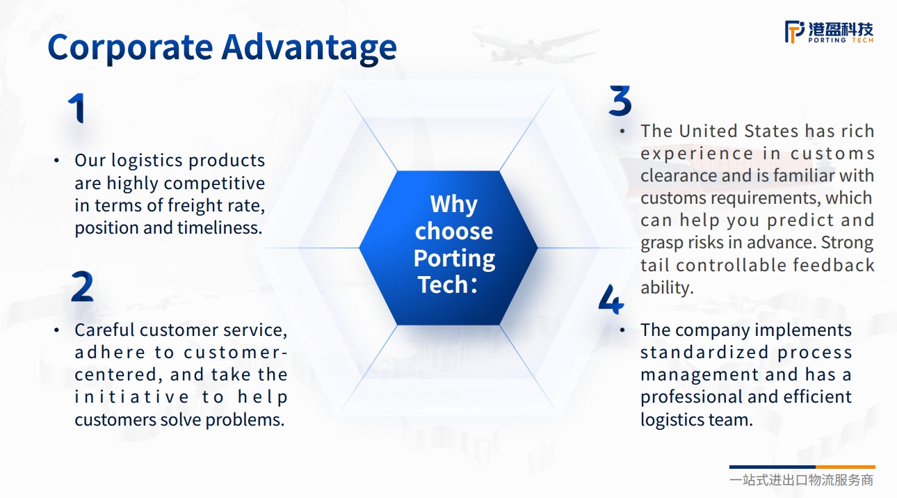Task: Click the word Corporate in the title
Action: [130, 48]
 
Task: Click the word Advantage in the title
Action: [309, 48]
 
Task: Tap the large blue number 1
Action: [76, 108]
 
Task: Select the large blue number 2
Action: [82, 286]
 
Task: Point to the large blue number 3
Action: [620, 101]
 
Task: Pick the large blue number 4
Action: [611, 299]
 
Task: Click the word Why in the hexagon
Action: [453, 204]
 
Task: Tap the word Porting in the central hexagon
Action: [454, 259]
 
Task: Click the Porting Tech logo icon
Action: [795, 32]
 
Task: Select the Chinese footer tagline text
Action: [801, 480]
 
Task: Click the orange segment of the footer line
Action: [846, 467]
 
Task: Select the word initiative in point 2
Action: [131, 397]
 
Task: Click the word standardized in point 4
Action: [704, 353]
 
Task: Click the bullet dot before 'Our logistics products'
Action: [56, 161]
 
